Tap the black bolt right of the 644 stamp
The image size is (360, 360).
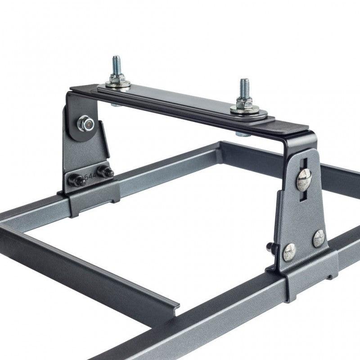tap(106, 172)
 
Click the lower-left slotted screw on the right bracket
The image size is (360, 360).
tap(289, 252)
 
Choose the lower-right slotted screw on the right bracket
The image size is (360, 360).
tap(319, 238)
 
